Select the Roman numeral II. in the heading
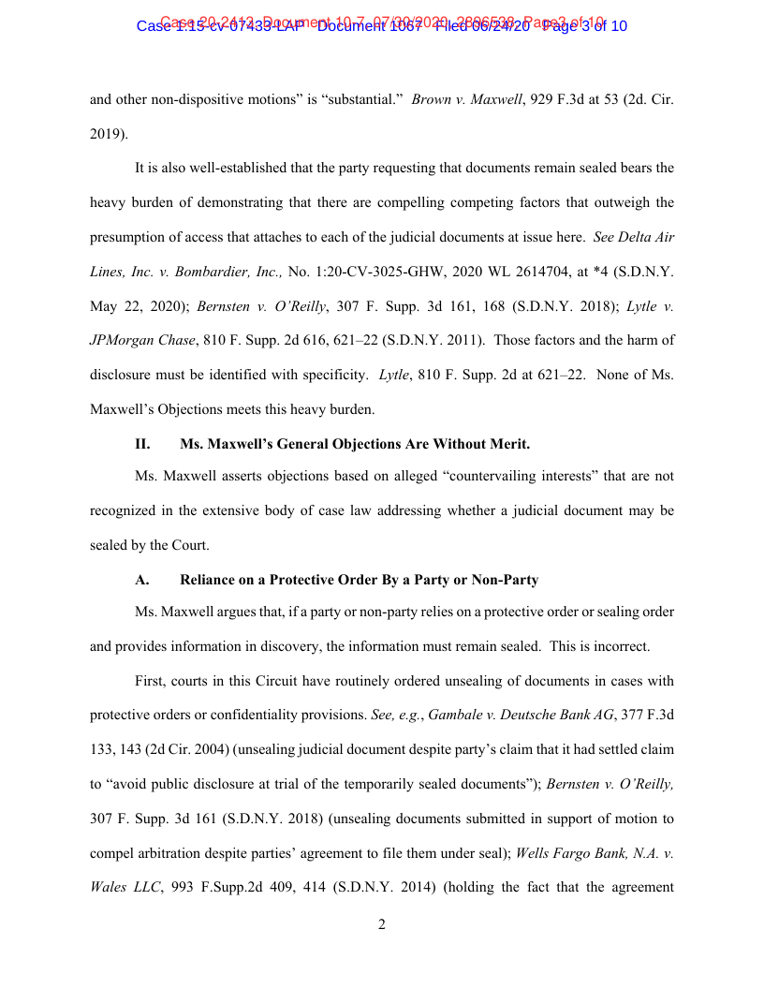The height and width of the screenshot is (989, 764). click(x=142, y=444)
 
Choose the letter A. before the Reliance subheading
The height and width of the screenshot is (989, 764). click(x=142, y=580)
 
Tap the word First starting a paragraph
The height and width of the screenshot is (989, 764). click(x=151, y=680)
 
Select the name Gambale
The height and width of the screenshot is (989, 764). click(x=456, y=715)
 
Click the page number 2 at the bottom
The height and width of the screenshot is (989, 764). click(x=382, y=925)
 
